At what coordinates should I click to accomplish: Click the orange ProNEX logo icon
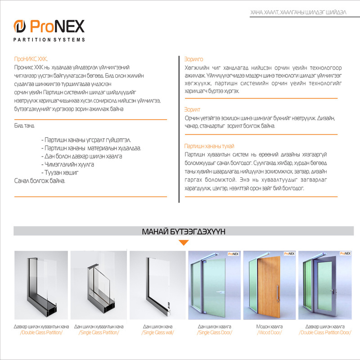click(x=20, y=27)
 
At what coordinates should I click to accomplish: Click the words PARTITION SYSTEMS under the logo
click(x=49, y=40)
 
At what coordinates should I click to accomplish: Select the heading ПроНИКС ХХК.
click(x=31, y=59)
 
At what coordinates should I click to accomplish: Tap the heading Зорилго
click(x=194, y=59)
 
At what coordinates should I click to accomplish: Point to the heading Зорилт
click(x=192, y=109)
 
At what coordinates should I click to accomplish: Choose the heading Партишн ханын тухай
click(x=209, y=146)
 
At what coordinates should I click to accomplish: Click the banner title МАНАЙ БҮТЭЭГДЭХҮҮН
click(x=184, y=231)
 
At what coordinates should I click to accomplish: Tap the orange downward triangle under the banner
click(x=183, y=243)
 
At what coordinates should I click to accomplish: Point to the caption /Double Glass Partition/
click(x=41, y=333)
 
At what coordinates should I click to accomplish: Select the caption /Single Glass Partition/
click(x=99, y=333)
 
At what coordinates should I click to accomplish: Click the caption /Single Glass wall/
click(x=157, y=333)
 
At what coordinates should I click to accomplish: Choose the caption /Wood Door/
click(x=270, y=333)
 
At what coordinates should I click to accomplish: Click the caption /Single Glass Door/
click(x=215, y=333)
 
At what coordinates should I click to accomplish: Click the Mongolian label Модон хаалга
click(x=270, y=326)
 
